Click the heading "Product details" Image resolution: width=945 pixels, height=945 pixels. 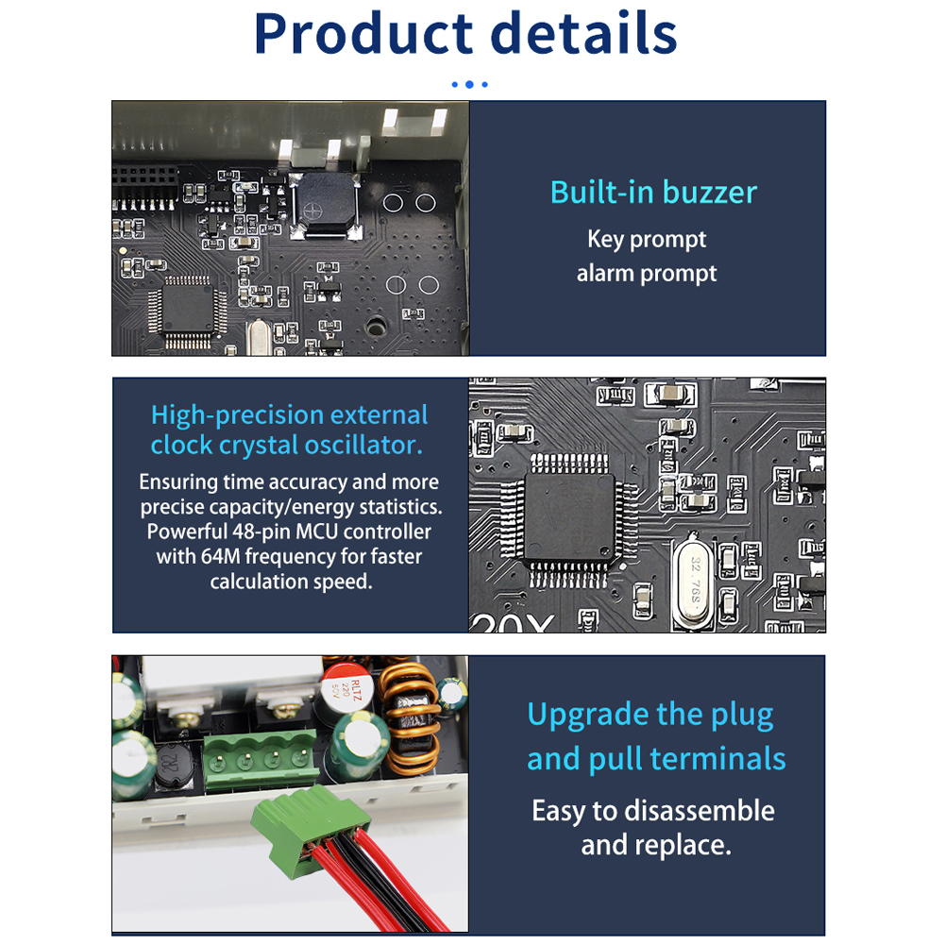(x=465, y=34)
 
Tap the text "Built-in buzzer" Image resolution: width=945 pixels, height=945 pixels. (x=653, y=193)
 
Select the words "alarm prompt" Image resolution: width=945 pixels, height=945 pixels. (x=647, y=274)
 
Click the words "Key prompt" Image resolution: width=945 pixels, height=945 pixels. (x=647, y=240)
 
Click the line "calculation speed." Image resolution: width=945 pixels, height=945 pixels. (x=291, y=582)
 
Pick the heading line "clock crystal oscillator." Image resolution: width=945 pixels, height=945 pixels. (x=287, y=445)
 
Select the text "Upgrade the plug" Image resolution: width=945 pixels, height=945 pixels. (x=650, y=715)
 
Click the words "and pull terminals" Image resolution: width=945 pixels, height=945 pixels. (x=656, y=759)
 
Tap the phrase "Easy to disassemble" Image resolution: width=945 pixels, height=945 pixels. (x=653, y=811)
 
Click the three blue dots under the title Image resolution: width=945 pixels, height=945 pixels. (x=469, y=84)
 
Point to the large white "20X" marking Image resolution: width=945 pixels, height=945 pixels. (x=511, y=623)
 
